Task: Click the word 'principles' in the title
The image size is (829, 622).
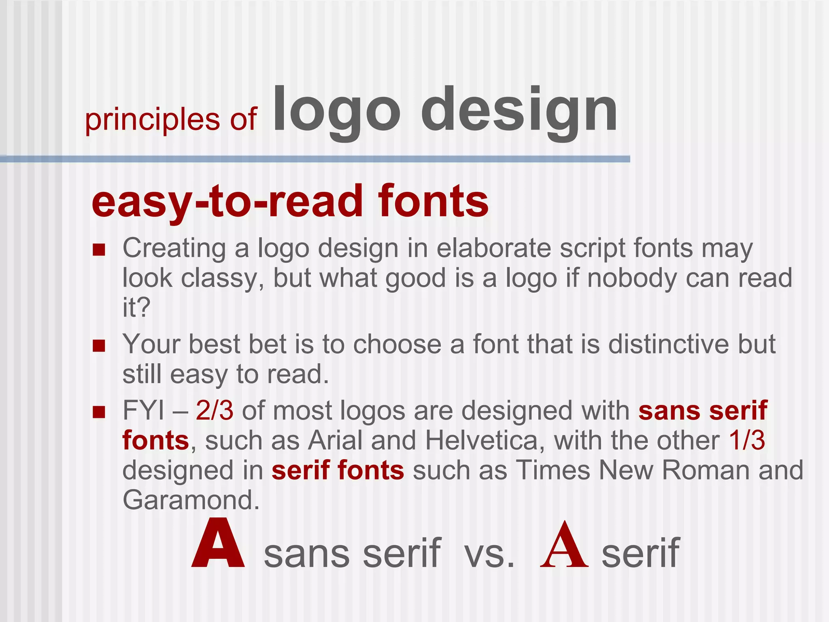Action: point(152,120)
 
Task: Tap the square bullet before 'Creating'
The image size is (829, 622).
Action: point(99,249)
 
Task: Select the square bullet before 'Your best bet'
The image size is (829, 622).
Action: point(99,346)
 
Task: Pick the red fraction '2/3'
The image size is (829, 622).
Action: point(215,411)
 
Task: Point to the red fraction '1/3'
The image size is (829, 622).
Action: point(747,441)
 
